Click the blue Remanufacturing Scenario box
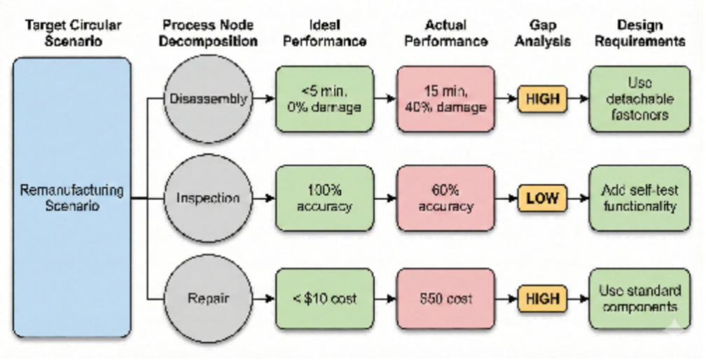pos(72,198)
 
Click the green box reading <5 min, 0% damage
pos(324,99)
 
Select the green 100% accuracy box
pos(324,198)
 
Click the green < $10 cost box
pos(324,298)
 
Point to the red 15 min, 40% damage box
pos(445,99)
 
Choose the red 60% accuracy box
pos(445,198)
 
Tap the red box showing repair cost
pos(445,298)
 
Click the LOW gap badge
pos(542,198)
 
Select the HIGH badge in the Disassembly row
pos(542,99)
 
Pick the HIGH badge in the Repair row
pos(542,298)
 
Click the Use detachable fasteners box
pos(639,99)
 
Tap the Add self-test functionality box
pos(639,198)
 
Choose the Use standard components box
pos(639,298)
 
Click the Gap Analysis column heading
pos(542,33)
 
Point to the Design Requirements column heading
pos(639,33)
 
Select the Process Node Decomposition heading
pos(207,33)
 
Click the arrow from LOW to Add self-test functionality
pos(577,198)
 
